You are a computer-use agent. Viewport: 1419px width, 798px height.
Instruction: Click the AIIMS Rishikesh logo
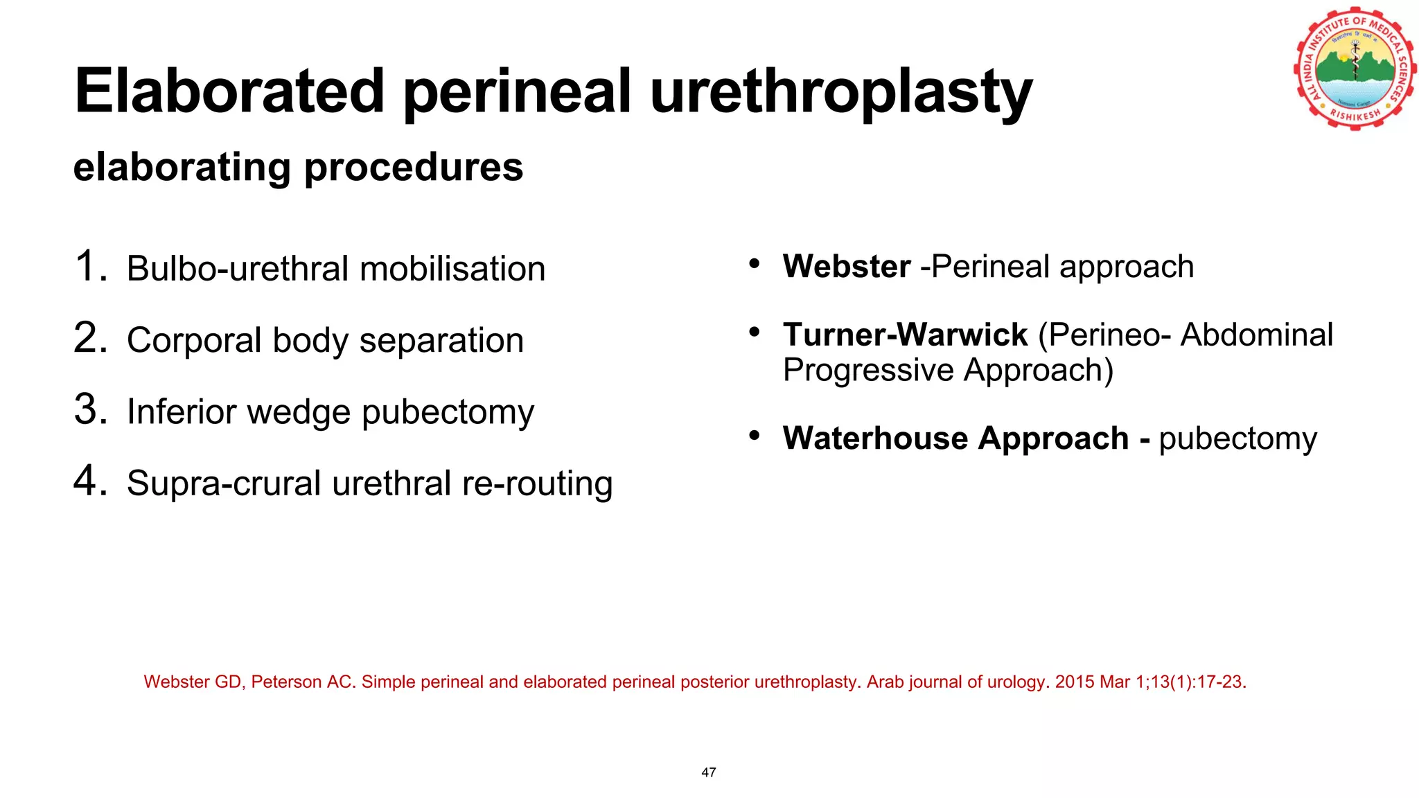1355,69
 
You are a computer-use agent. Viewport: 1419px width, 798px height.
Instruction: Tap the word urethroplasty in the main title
841,93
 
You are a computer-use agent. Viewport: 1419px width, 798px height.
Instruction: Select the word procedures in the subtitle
414,168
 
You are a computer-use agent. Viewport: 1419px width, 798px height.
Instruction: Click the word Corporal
193,341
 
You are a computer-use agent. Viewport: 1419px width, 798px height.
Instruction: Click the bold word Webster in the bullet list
847,267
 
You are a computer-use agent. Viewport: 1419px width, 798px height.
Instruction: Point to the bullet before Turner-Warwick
755,333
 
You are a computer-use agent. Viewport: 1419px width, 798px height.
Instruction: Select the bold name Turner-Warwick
905,335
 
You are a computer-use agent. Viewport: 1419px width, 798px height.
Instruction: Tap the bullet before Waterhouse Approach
755,436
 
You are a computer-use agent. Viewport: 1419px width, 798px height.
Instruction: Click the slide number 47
709,772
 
